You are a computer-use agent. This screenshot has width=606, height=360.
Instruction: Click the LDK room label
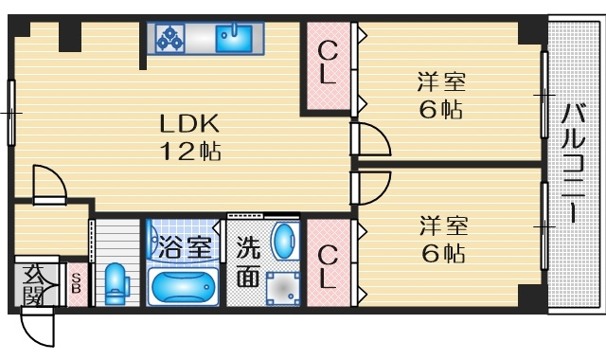(189, 124)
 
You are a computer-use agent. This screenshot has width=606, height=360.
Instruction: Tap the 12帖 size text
(190, 152)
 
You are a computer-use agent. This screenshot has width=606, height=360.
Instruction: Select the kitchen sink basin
(234, 38)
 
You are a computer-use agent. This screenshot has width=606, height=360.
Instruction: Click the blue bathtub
(183, 286)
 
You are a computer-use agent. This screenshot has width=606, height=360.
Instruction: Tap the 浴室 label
(185, 247)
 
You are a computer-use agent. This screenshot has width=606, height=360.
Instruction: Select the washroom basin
(285, 241)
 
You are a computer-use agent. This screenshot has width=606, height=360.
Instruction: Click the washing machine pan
(283, 288)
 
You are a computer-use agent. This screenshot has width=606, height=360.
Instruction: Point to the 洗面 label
(248, 261)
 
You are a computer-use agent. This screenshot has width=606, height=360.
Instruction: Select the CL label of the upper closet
(329, 63)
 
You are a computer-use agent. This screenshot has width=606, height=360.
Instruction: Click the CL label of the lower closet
(328, 267)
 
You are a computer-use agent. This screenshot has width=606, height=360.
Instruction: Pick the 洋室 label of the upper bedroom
(441, 81)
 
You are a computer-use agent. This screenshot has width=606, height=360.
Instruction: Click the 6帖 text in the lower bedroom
(443, 253)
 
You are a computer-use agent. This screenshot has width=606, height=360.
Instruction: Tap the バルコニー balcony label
(573, 163)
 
